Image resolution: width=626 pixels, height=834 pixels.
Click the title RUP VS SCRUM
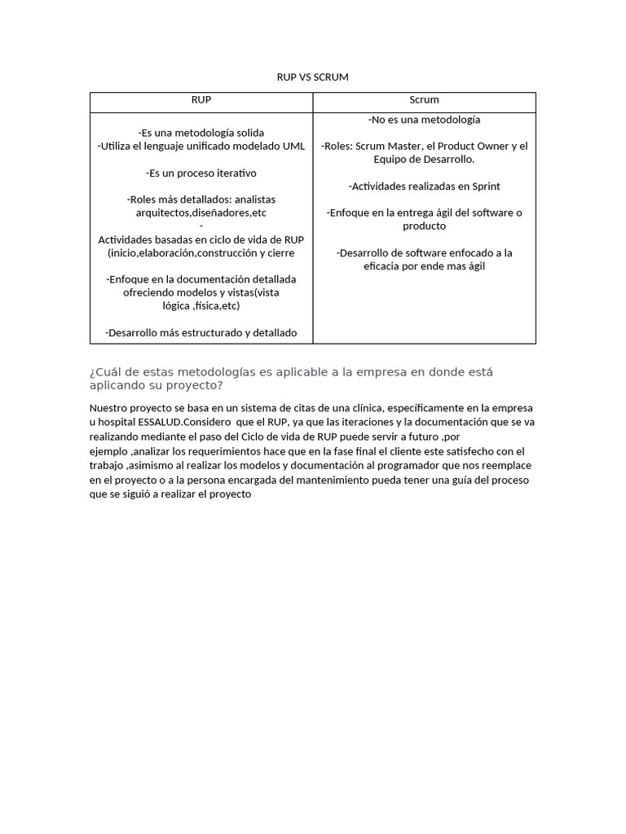coord(313,77)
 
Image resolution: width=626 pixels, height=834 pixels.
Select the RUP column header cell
coord(201,100)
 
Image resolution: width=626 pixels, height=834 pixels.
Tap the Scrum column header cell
coord(424,100)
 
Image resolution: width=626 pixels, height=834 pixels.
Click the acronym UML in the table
coord(293,147)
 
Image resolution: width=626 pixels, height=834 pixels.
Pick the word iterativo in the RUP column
coord(231,173)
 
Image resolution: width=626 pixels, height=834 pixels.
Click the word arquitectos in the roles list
coord(161,213)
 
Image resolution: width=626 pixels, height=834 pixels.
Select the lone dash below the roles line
coord(201,226)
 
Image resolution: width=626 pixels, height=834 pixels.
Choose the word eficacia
coord(386,266)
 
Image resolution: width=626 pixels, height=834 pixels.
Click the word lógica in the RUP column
coord(178,306)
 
